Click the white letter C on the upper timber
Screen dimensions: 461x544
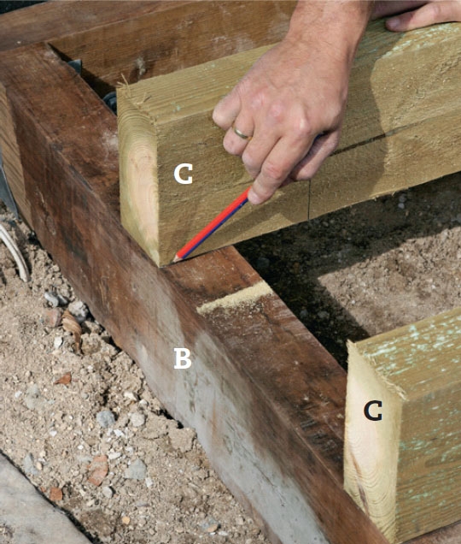click(183, 174)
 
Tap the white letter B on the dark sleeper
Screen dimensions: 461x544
click(183, 358)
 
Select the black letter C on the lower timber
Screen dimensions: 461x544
click(373, 411)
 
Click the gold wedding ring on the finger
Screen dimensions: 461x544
click(242, 133)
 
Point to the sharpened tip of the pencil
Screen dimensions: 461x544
click(175, 259)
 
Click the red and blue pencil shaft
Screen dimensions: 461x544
click(212, 224)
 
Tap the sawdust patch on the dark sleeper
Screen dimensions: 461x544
click(235, 298)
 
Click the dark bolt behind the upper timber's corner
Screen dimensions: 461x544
click(111, 101)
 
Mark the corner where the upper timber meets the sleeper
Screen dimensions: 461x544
click(160, 266)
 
